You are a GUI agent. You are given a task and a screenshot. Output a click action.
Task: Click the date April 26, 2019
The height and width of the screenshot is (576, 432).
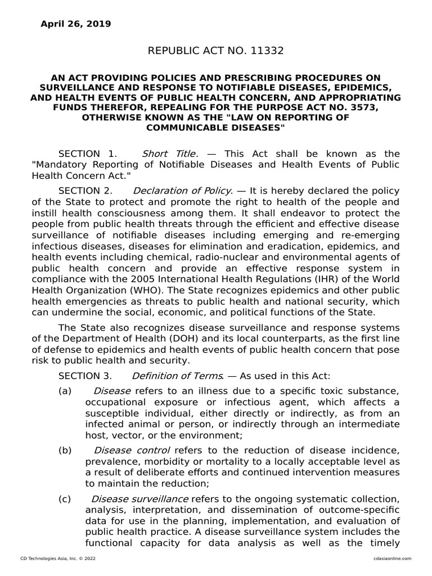pyautogui.click(x=75, y=24)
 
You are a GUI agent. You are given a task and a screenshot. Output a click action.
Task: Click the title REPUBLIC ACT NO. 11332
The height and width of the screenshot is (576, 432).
pyautogui.click(x=215, y=51)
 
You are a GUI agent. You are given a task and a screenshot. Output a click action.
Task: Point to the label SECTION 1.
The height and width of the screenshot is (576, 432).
pyautogui.click(x=87, y=154)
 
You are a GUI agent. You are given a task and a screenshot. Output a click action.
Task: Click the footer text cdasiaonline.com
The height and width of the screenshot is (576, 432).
pyautogui.click(x=392, y=557)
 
